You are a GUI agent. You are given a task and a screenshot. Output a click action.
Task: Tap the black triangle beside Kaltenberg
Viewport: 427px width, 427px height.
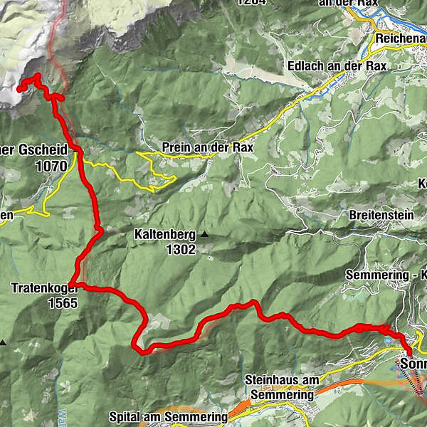coord(205,234)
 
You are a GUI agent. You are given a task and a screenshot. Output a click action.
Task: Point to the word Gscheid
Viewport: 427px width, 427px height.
coord(42,150)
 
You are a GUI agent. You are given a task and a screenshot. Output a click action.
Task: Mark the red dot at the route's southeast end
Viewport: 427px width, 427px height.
coord(409,349)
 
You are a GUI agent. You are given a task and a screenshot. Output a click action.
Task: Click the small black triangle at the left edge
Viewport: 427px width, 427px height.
coord(3,342)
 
